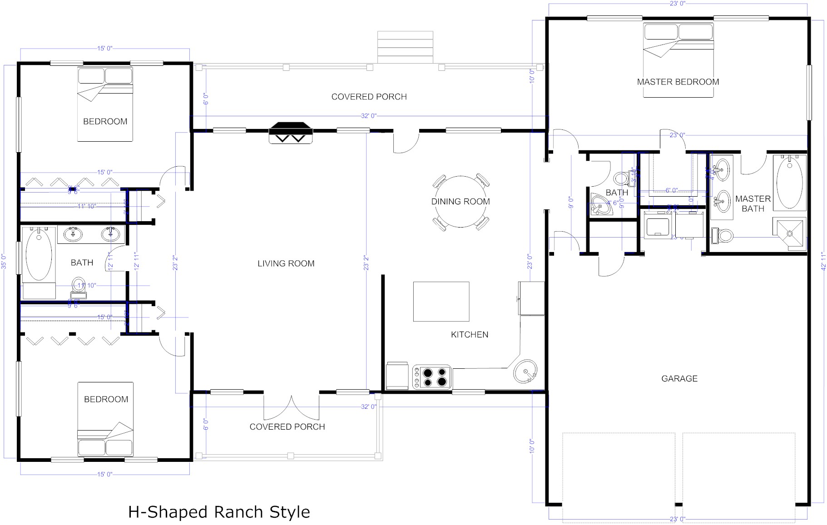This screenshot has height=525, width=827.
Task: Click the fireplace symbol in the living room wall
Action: tap(291, 133)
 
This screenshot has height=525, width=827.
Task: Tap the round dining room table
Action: tap(460, 202)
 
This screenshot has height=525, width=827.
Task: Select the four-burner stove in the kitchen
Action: tap(432, 377)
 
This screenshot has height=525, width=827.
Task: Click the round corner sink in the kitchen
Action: tap(525, 372)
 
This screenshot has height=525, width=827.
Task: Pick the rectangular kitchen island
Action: tap(441, 301)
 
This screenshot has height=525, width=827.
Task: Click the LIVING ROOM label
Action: tap(286, 263)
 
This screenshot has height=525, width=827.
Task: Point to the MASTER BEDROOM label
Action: tap(678, 82)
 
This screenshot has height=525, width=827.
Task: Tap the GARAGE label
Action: tap(679, 378)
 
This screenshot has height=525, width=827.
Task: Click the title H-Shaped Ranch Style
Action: tap(219, 512)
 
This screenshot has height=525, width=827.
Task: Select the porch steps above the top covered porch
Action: tap(405, 47)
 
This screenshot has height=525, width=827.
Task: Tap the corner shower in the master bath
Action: tap(789, 233)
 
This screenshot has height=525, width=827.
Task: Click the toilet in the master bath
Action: tap(722, 235)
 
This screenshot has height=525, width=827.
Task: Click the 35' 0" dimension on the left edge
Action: tap(4, 262)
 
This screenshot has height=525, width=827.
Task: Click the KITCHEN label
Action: tap(469, 335)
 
